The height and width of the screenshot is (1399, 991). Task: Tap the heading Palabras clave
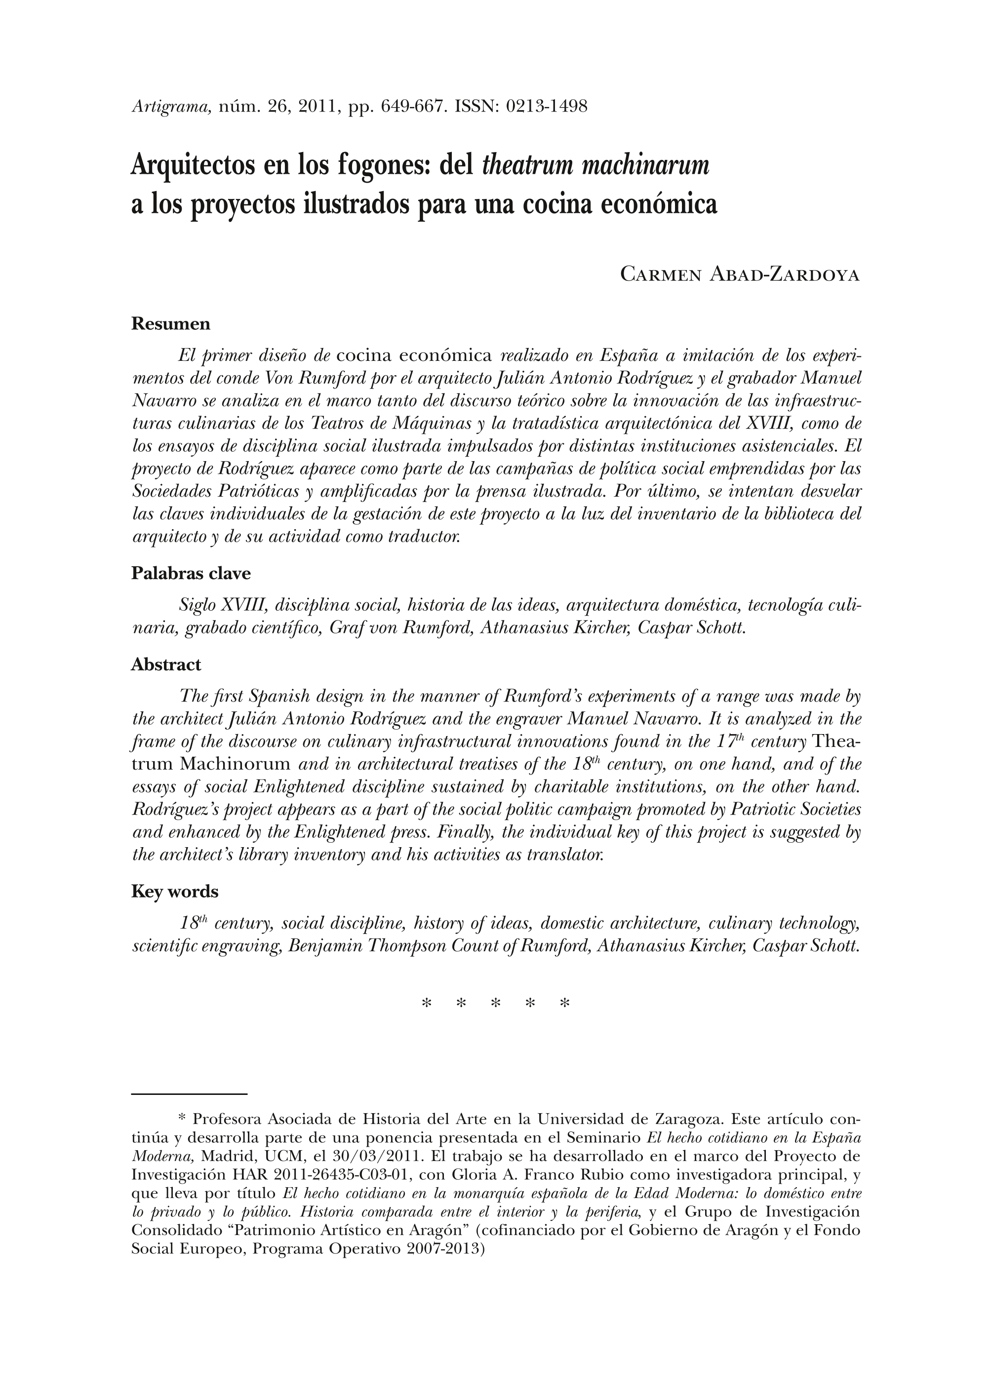(191, 574)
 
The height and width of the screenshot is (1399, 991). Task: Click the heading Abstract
(166, 664)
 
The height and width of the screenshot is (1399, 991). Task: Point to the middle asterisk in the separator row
(496, 1003)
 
